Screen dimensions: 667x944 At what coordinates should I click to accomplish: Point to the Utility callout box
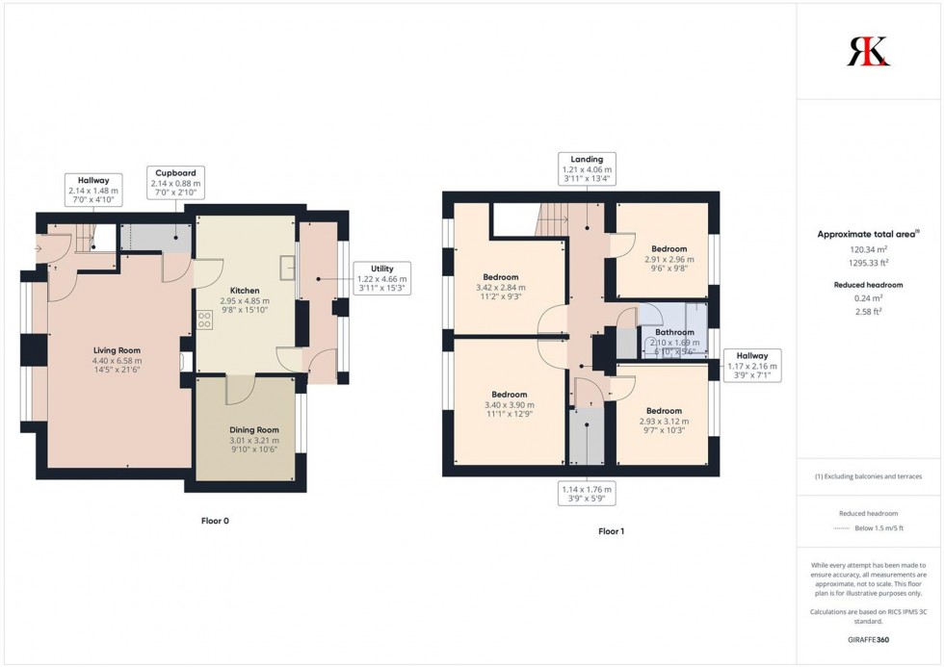[x=382, y=278]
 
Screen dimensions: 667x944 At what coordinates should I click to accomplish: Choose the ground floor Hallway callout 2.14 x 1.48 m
[x=93, y=191]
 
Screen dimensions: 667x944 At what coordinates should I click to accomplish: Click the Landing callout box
[x=586, y=168]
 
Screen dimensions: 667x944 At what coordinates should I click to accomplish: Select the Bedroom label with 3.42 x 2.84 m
[x=500, y=286]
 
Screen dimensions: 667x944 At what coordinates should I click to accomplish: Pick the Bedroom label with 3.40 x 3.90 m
[x=509, y=405]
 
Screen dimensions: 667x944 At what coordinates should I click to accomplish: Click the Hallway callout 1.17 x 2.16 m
[x=752, y=366]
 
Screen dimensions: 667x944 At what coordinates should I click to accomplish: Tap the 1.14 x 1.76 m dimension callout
[x=587, y=494]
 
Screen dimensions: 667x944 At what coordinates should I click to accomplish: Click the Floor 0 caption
[x=215, y=521]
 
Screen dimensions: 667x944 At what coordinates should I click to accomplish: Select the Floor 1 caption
[x=612, y=531]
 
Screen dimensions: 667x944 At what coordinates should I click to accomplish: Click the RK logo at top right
[x=868, y=51]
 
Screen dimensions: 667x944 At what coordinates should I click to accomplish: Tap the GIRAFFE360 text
[x=869, y=640]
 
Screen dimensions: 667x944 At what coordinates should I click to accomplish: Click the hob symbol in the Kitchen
[x=205, y=321]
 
